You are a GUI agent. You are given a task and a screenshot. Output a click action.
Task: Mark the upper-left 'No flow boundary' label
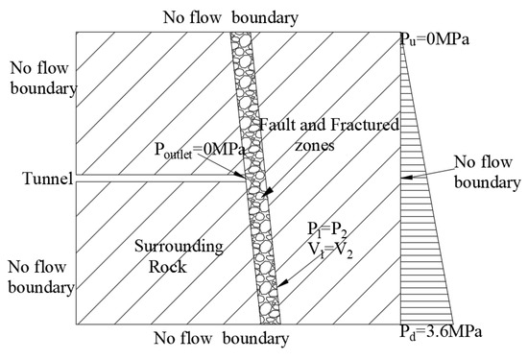coord(36,80)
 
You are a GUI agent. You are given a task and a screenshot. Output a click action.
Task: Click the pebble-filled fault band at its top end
coord(238,43)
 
